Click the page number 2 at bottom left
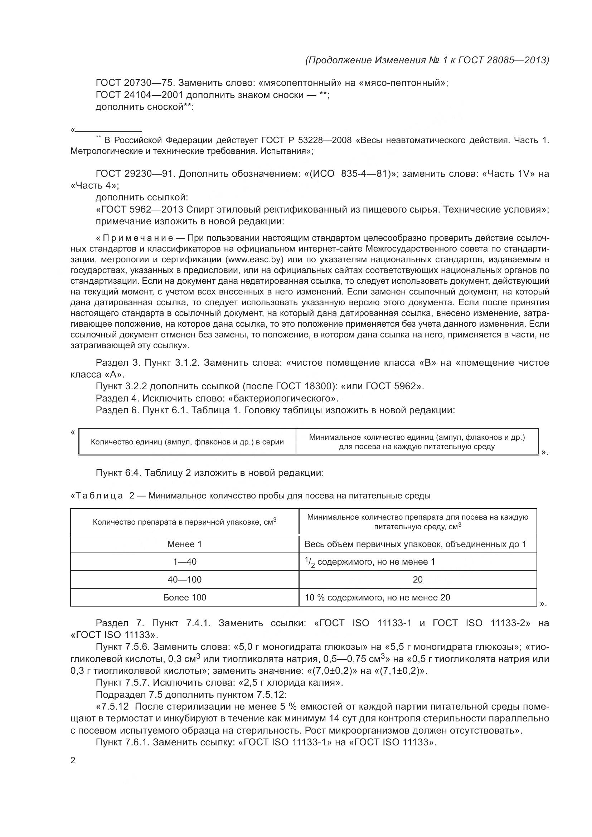pos(73,760)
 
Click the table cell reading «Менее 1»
pos(184,544)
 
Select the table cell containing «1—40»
pos(184,562)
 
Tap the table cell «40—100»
pos(184,580)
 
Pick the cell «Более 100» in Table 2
pos(184,598)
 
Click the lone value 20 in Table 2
pos(418,580)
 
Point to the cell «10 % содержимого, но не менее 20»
pos(377,598)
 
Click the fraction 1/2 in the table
pos(310,563)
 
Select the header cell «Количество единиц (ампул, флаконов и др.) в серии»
pos(187,442)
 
